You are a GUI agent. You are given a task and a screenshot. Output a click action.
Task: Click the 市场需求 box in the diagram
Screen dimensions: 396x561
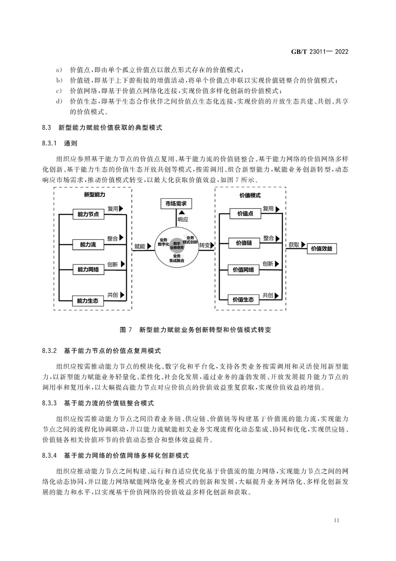176,204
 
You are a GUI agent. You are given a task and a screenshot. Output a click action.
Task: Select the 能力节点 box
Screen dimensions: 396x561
88,214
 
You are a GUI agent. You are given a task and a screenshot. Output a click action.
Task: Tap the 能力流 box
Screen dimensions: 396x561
88,244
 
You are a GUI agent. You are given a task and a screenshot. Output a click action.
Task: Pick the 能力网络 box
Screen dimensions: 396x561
88,270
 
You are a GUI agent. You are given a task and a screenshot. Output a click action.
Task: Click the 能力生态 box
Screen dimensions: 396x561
88,301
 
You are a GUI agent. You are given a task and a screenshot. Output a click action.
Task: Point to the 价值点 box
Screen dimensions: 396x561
245,213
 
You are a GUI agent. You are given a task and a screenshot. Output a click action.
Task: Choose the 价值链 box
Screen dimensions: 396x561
244,243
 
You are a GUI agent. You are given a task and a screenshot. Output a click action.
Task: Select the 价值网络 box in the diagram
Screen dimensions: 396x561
243,270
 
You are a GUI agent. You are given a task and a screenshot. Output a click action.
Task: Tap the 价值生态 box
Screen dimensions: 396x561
243,299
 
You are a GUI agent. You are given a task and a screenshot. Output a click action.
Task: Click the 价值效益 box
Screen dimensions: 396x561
322,249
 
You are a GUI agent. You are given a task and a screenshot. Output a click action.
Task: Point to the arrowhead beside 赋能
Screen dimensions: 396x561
149,246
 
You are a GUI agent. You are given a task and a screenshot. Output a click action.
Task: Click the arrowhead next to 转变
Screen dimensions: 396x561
213,245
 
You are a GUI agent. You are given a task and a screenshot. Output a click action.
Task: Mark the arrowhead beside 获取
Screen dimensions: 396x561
303,244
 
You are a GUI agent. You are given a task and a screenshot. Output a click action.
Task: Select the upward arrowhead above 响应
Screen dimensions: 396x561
182,213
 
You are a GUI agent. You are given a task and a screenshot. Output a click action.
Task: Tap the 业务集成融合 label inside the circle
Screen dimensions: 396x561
176,258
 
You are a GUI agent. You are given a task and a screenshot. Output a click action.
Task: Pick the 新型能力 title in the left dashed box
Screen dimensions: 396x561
94,195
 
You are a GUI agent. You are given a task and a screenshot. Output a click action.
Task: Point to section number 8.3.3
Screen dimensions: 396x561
49,403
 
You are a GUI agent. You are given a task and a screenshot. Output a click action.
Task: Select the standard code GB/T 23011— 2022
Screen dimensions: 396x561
320,51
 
